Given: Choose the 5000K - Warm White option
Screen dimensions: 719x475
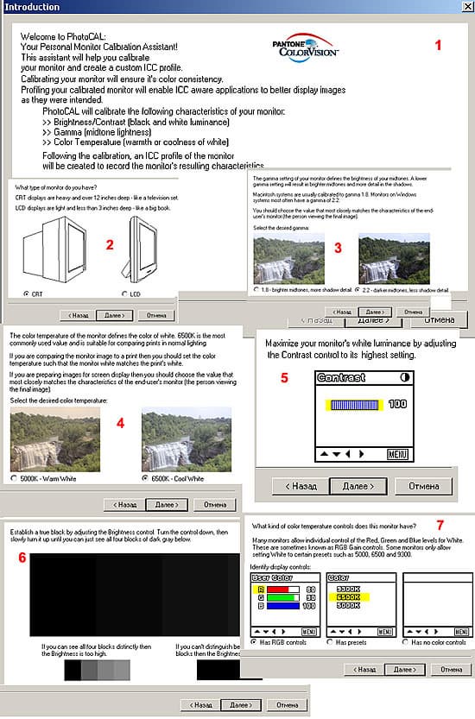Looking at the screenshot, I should tap(13, 477).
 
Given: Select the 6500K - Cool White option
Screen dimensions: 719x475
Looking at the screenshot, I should tap(146, 477).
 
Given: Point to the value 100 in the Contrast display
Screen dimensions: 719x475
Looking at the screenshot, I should tap(397, 404).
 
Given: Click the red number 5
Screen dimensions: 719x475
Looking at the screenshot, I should tap(283, 378).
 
